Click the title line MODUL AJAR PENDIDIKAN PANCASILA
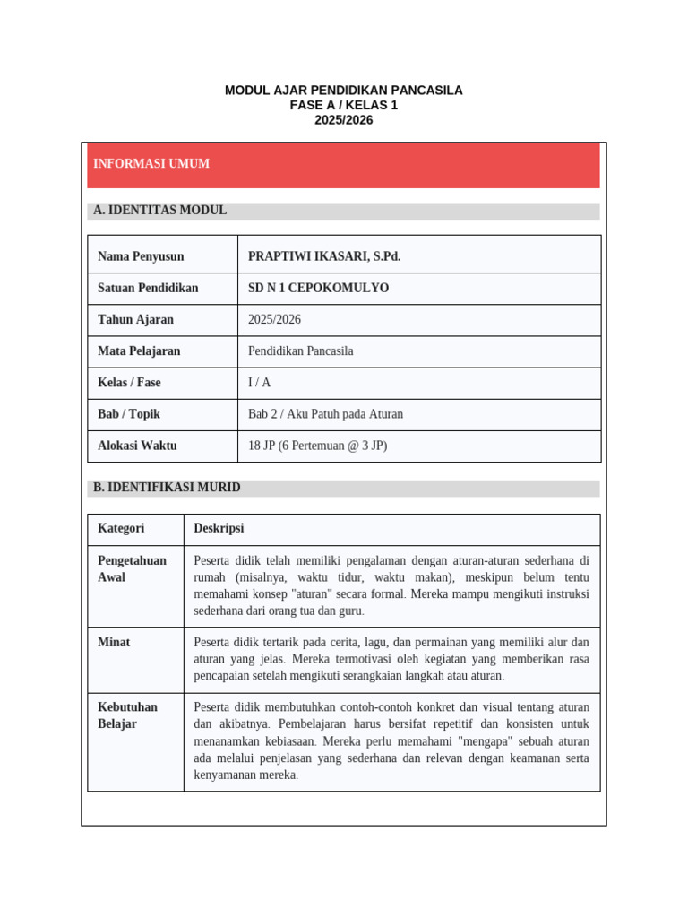343,91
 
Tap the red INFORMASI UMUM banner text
151,164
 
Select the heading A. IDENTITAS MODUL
160,211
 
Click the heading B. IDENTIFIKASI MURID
167,488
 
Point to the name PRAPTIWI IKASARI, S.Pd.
324,256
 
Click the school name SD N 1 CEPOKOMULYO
318,288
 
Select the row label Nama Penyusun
141,256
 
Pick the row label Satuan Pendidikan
148,288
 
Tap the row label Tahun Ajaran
135,319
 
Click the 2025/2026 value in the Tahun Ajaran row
275,319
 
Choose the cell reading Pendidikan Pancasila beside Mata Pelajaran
300,351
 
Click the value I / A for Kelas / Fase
259,383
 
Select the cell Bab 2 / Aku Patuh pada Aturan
325,414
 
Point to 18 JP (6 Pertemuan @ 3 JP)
317,446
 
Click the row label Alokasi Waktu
137,446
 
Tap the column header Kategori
121,528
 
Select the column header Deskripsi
219,528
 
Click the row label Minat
114,642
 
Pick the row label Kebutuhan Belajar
127,715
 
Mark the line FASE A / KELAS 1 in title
343,105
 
